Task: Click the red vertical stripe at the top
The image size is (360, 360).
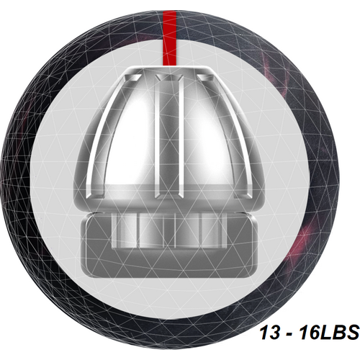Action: pyautogui.click(x=169, y=38)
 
